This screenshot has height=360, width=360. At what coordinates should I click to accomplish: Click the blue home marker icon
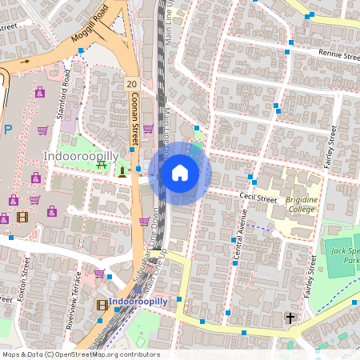[180, 173]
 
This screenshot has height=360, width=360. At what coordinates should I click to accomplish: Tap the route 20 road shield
[131, 83]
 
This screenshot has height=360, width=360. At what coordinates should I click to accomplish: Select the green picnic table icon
[102, 165]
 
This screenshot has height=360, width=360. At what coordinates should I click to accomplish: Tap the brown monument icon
[122, 170]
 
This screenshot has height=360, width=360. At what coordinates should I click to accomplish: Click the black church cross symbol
[290, 318]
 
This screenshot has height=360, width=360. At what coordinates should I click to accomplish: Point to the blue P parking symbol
[7, 129]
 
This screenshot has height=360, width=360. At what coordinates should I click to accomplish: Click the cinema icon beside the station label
[102, 304]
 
